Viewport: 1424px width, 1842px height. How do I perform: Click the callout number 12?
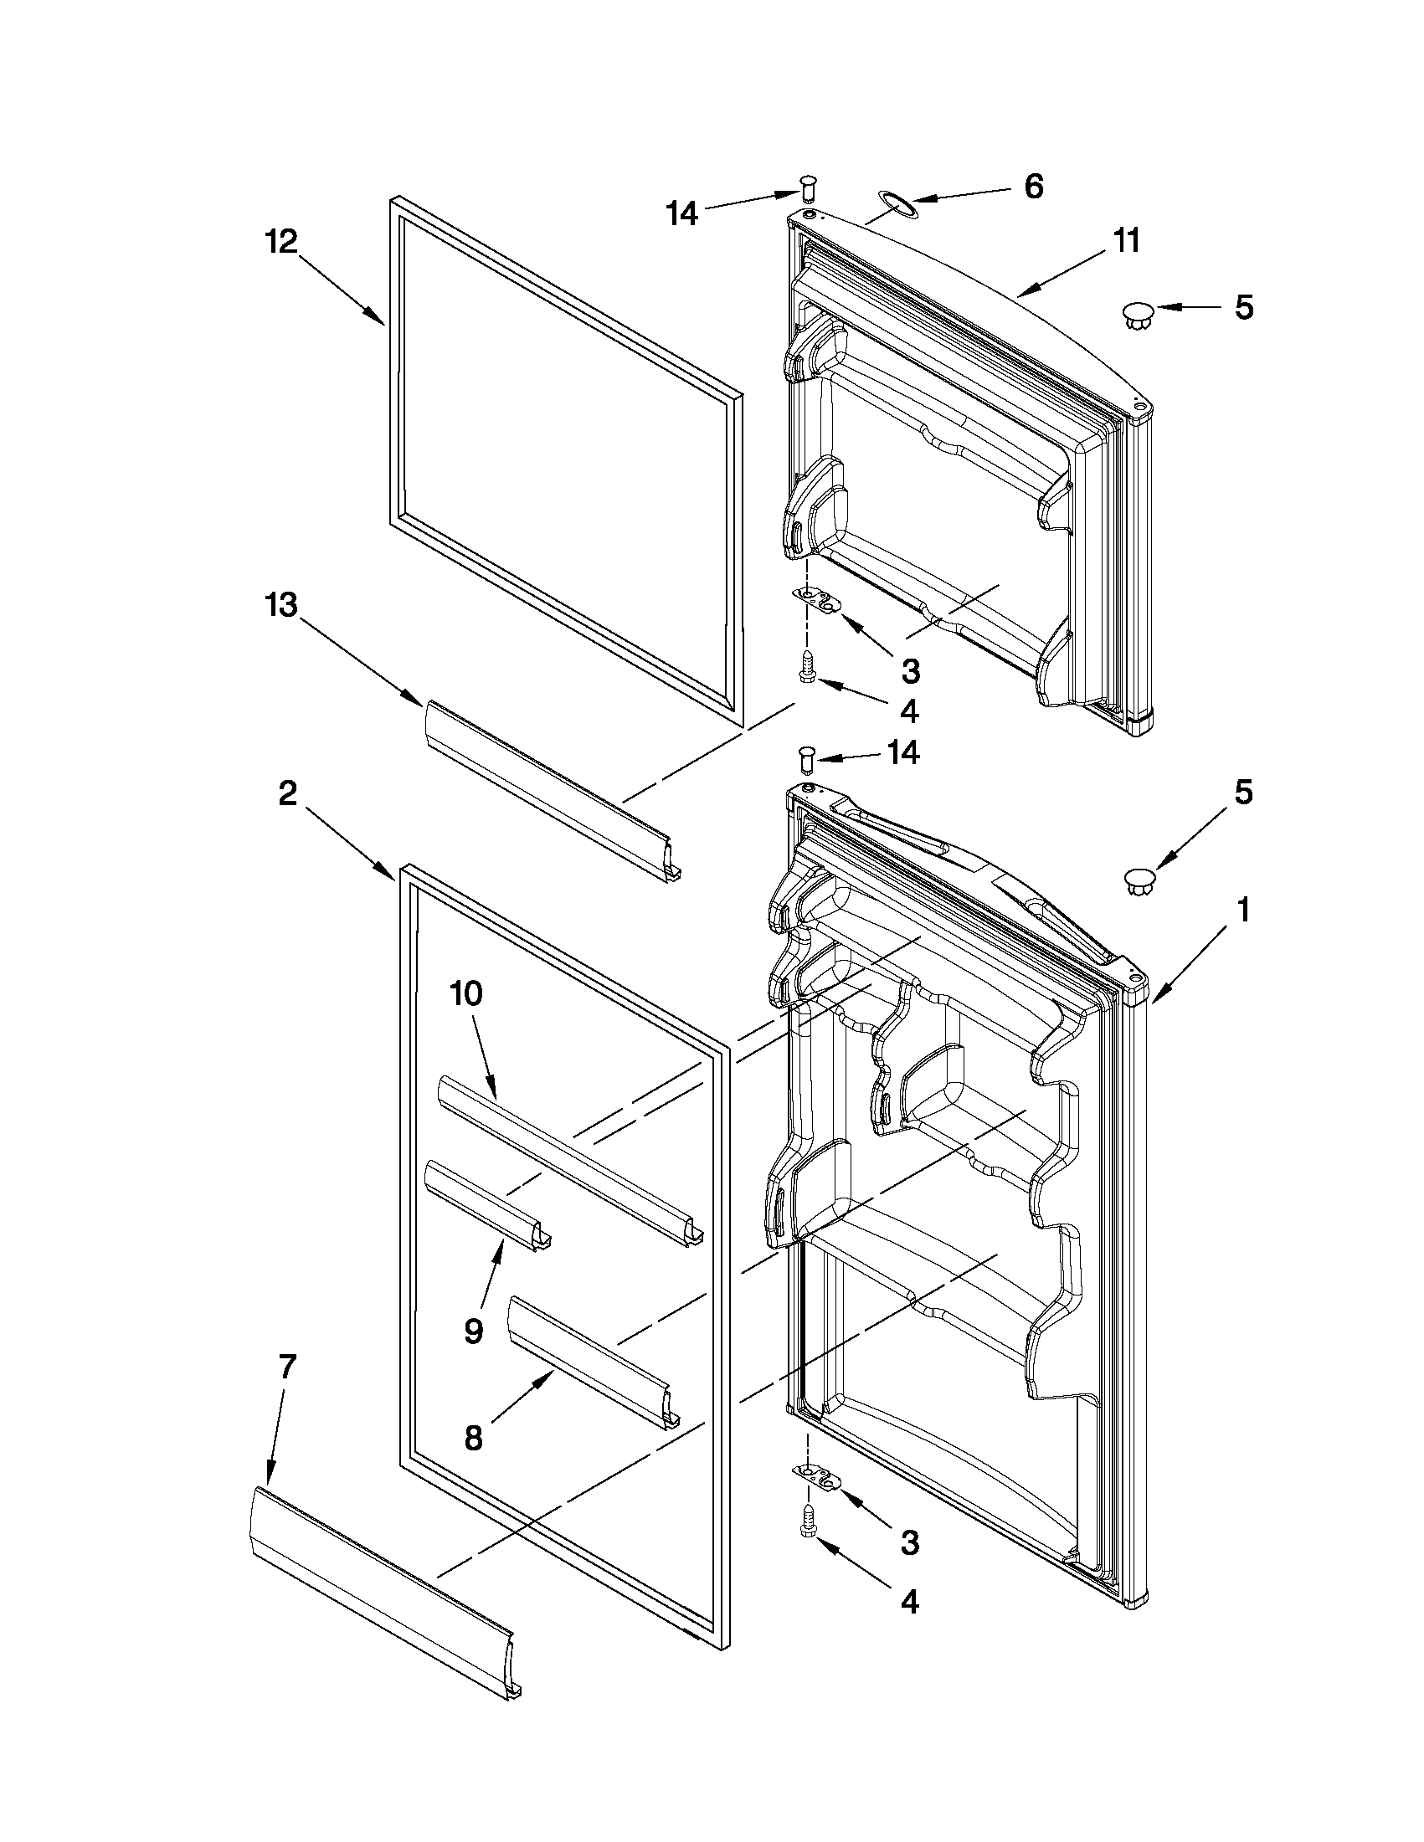coord(282,242)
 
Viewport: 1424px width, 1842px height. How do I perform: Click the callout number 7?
coord(286,1367)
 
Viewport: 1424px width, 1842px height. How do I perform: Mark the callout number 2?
coord(288,793)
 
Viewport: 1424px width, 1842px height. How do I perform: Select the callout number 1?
coord(1242,910)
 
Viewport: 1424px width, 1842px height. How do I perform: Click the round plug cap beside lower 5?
coord(1138,883)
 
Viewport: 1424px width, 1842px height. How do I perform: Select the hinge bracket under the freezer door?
coord(820,601)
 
